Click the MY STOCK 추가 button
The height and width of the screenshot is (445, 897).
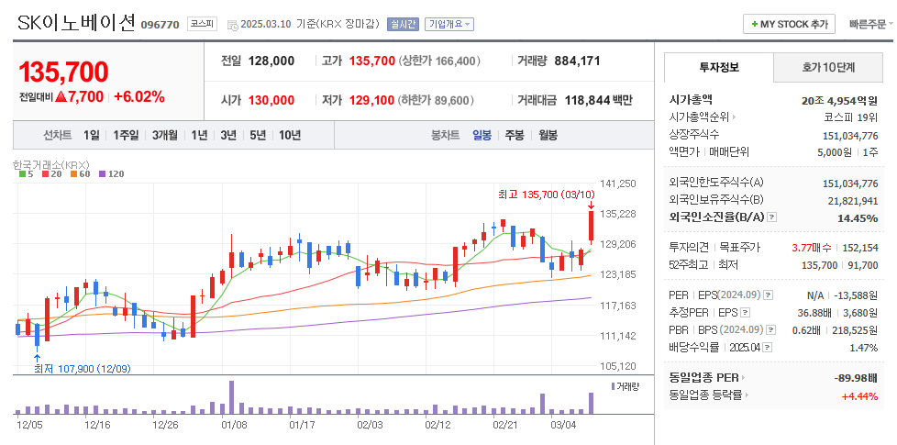[x=789, y=24]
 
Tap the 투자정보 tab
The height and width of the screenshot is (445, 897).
[x=718, y=68]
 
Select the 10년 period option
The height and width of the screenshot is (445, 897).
[x=289, y=135]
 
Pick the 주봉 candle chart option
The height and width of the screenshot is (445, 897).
[x=514, y=135]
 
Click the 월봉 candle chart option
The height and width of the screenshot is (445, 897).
[x=548, y=135]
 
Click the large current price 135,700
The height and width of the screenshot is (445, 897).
[x=63, y=72]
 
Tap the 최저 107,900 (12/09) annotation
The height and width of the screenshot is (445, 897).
[x=82, y=369]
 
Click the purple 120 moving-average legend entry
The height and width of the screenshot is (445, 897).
[x=110, y=173]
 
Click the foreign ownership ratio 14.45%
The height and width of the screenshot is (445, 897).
[x=858, y=218]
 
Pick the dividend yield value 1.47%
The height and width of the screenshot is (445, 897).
[x=863, y=348]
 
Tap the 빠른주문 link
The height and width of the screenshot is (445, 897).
[x=867, y=24]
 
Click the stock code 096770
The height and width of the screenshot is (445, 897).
[x=161, y=25]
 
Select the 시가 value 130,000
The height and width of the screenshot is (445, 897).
[x=271, y=100]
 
